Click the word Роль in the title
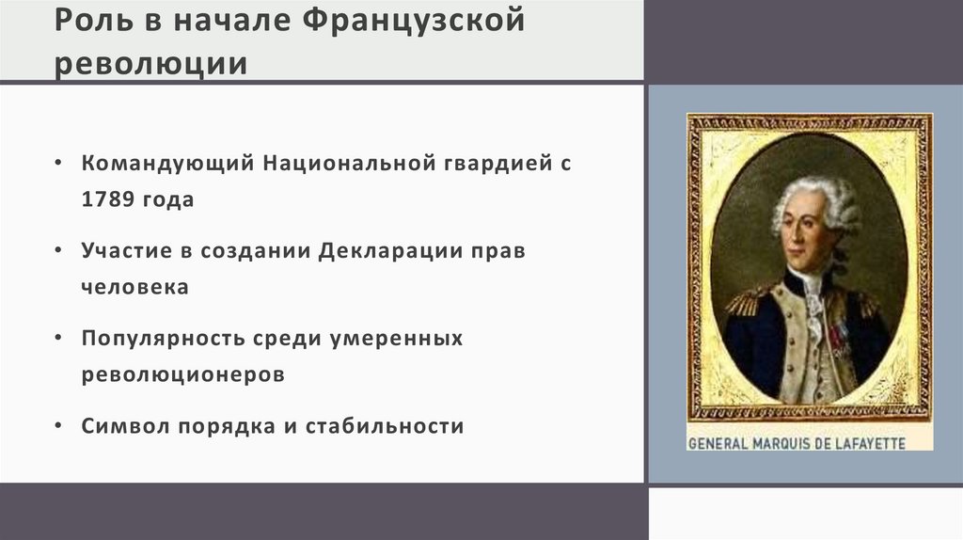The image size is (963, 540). pyautogui.click(x=85, y=22)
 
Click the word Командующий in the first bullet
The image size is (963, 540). pyautogui.click(x=168, y=163)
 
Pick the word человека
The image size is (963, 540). pyautogui.click(x=134, y=287)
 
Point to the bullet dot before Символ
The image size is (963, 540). pyautogui.click(x=59, y=425)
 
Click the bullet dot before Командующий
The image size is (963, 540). pyautogui.click(x=59, y=163)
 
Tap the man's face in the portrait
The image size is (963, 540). pyautogui.click(x=806, y=230)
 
